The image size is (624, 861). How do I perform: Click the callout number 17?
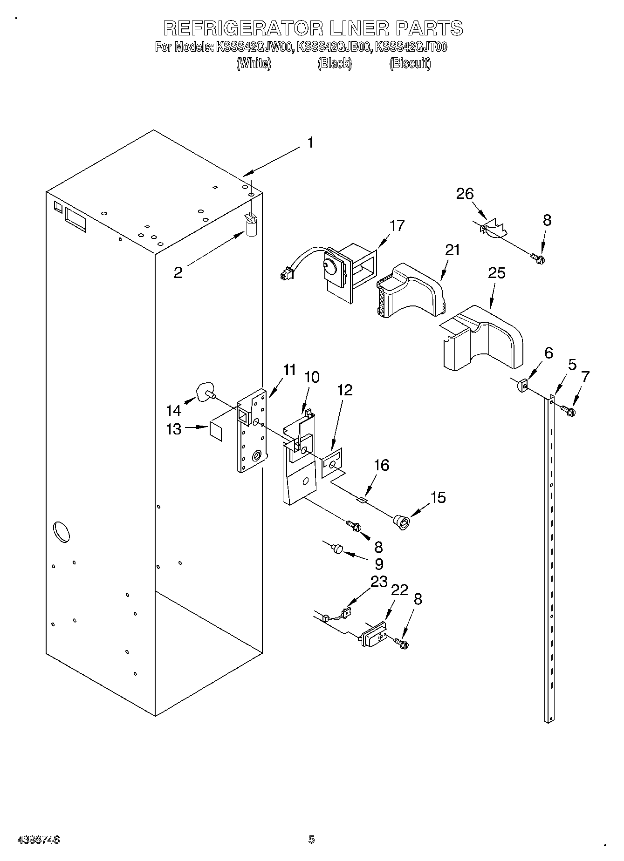pos(397,226)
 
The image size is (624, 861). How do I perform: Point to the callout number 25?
pos(496,273)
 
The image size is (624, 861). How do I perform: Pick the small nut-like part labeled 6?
pos(522,386)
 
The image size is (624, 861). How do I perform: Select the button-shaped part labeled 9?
pos(337,549)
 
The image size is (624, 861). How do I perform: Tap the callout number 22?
pos(400,590)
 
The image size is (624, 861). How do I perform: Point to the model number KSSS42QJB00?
pos(334,47)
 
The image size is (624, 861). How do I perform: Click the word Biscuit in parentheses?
pos(410,64)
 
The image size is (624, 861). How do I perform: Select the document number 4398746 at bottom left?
pos(38,840)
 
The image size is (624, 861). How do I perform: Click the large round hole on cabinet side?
pos(62,532)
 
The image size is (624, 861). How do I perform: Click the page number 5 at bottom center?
pos(311,840)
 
